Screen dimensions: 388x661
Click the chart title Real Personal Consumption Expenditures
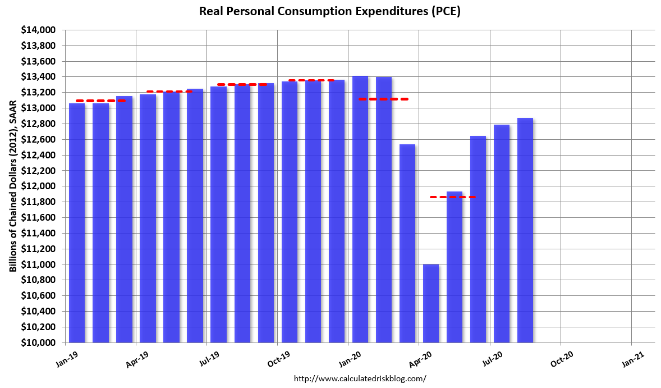click(x=330, y=11)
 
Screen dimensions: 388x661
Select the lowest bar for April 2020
click(x=431, y=303)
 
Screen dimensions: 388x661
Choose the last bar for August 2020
click(x=525, y=230)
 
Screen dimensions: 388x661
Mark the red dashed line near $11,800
click(x=452, y=197)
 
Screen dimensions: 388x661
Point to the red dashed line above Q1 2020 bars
click(x=384, y=99)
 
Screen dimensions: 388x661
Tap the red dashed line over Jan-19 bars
click(x=100, y=101)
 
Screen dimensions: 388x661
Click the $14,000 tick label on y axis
click(x=38, y=30)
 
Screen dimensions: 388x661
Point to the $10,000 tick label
click(x=38, y=343)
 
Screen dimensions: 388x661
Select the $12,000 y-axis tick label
click(x=38, y=186)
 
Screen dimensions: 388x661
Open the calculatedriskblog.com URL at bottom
click(x=360, y=378)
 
